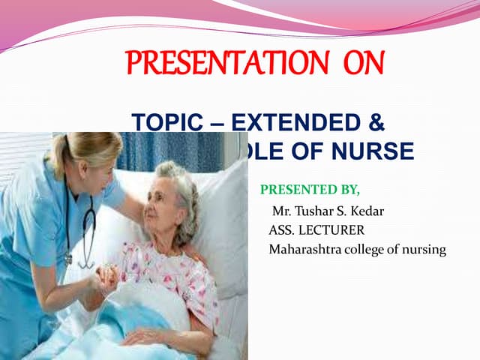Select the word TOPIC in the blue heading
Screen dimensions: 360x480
point(161,123)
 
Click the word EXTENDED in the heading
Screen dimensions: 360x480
point(300,123)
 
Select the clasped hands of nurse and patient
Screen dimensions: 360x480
point(105,279)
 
